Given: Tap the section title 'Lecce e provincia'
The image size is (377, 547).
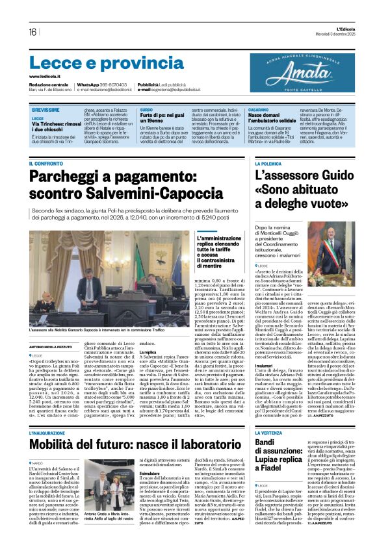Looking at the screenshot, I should pos(97,63).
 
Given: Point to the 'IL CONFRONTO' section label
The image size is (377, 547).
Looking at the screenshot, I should pos(45,164).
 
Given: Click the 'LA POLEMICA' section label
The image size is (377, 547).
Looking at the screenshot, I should pos(268,164).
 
